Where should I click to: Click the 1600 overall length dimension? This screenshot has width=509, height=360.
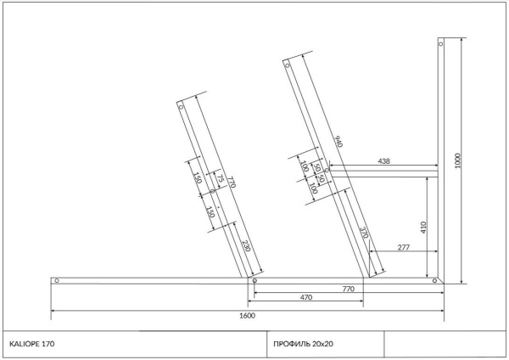(248, 316)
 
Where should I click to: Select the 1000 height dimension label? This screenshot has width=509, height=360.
(458, 160)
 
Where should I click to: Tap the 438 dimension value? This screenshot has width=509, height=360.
(383, 160)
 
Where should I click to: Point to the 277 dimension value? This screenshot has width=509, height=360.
(404, 247)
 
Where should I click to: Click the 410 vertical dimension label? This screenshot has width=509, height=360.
(423, 228)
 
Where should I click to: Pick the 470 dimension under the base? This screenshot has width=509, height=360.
(306, 297)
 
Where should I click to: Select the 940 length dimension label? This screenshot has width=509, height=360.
(338, 141)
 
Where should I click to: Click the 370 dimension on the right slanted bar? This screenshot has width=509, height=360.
(364, 233)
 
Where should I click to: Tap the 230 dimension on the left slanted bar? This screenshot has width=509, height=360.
(246, 246)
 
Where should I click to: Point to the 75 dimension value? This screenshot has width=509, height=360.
(221, 178)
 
